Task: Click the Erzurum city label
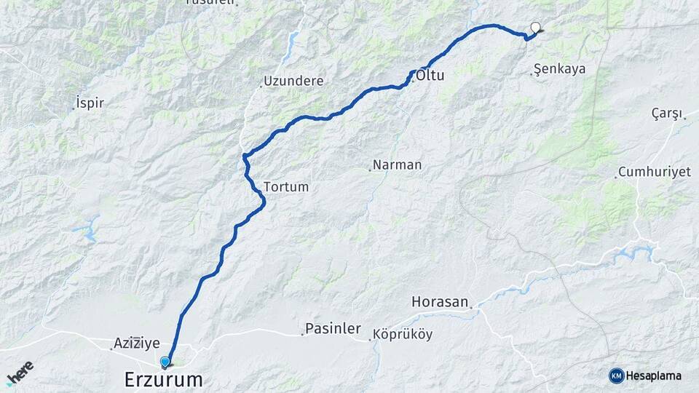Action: tap(163, 379)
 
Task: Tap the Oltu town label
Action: tap(430, 75)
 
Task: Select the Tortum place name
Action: tap(286, 187)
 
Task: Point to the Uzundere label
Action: tap(293, 81)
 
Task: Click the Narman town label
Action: tap(397, 164)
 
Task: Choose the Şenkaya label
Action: tap(560, 70)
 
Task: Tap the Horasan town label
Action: tap(439, 301)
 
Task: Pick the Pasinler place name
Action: tap(333, 329)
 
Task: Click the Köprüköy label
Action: tap(402, 336)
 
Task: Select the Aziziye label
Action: tap(136, 342)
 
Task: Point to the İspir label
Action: tap(90, 103)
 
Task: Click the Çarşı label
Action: tap(666, 114)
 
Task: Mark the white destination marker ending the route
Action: tap(537, 28)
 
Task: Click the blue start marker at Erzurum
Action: tap(165, 362)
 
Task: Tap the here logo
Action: tap(20, 372)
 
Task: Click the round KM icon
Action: tap(617, 376)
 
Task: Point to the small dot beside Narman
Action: tap(370, 170)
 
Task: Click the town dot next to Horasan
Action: tap(471, 308)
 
